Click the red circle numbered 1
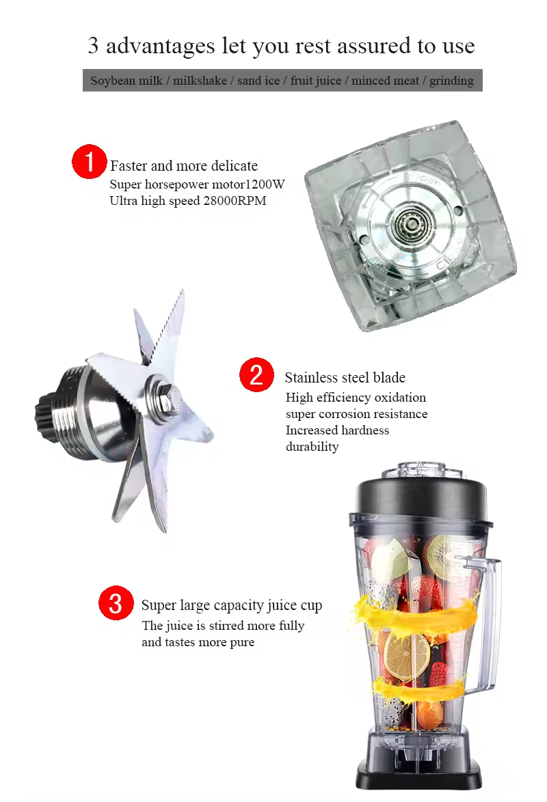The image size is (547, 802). [90, 162]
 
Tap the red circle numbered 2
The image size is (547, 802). [256, 375]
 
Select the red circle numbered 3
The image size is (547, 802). [116, 603]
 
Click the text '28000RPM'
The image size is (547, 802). [234, 201]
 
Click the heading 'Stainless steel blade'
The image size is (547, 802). [345, 378]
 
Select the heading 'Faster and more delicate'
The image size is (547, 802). [183, 166]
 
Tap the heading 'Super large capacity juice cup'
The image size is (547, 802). [231, 606]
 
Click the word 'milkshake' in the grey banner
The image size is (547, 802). [200, 81]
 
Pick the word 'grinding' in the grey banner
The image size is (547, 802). [451, 81]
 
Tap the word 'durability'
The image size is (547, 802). [312, 447]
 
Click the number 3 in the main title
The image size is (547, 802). [94, 46]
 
